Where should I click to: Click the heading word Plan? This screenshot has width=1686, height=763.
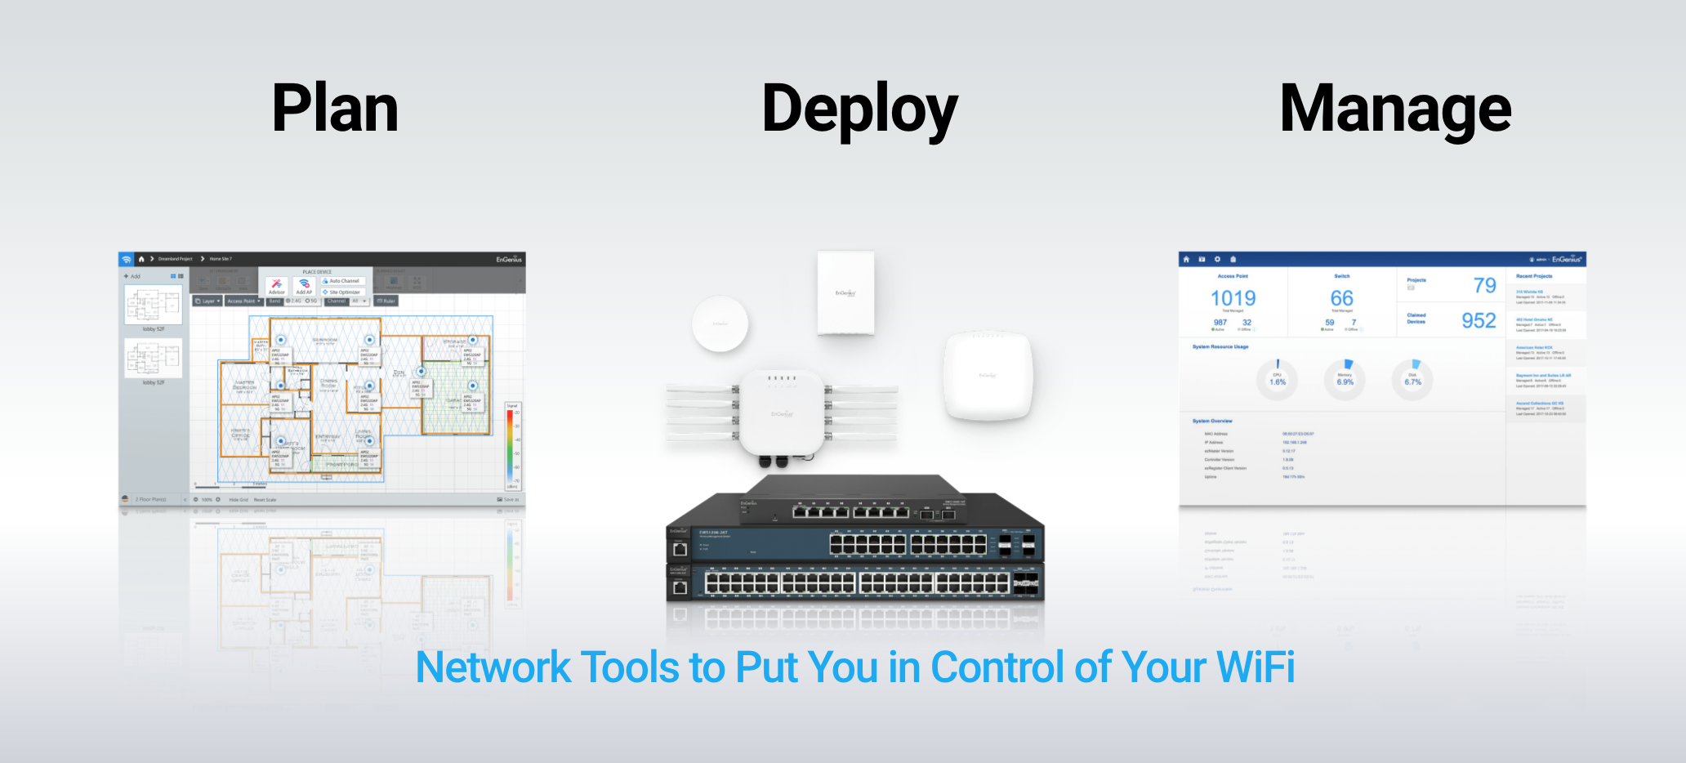335,108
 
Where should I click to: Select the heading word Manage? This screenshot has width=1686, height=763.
1395,109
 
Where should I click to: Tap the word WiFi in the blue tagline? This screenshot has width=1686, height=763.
1256,667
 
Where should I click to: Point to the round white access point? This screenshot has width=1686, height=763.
720,323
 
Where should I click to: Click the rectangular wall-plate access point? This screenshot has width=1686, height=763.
845,292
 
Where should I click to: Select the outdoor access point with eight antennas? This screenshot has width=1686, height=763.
782,413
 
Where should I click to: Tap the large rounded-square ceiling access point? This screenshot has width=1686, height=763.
988,375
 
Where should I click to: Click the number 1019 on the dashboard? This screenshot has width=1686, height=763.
1233,298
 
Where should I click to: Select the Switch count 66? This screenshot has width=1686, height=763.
1341,298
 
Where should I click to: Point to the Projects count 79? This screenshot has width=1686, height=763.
1484,285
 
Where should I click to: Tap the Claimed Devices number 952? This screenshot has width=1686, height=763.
1479,320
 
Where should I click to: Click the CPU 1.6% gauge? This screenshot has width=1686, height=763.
1277,379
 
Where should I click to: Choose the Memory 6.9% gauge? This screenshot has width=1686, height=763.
1345,379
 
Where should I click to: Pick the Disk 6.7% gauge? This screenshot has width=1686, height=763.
1412,379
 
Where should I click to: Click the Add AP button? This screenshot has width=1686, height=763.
304,286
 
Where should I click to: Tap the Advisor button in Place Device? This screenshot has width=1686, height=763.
277,286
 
